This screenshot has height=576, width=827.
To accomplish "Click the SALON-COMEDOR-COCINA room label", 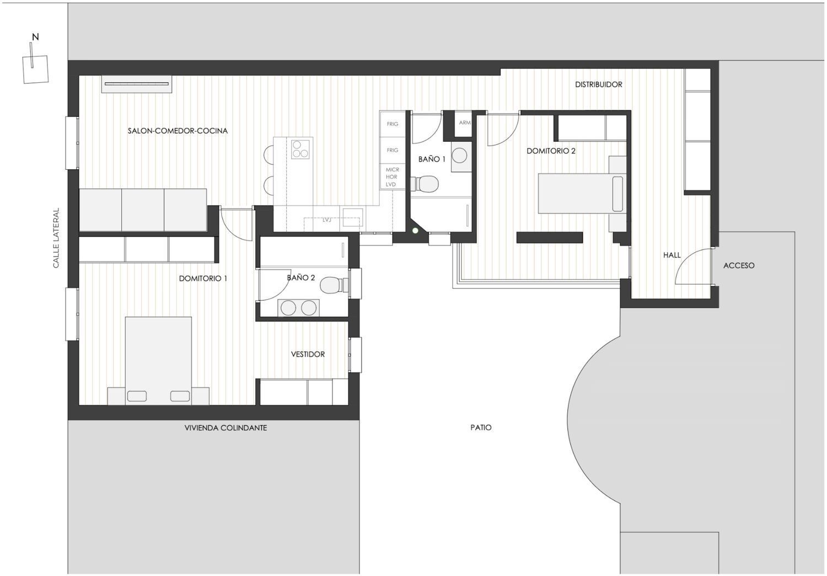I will coord(178,131).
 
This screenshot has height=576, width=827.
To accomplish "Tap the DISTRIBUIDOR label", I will coord(598,84).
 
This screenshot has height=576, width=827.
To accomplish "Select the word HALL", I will coord(672,255).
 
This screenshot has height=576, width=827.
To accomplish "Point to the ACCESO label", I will coord(739,265).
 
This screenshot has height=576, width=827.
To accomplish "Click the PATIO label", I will coord(481,428).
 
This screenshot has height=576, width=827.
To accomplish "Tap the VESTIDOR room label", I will coord(308,354).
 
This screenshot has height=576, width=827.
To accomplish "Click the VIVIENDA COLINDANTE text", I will coord(225,428).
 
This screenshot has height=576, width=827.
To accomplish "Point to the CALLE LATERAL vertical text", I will coord(56,238).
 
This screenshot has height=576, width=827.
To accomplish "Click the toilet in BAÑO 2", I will coord(332,285).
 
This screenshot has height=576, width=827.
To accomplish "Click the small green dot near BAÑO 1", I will coord(415,231).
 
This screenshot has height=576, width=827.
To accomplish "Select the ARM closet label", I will coord(465,122).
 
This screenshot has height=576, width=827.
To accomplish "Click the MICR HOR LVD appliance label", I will coord(392,177).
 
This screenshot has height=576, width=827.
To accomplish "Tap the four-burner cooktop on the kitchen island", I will coord(300,149).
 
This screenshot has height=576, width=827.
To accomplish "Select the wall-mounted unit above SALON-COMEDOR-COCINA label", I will coord(137,84).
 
